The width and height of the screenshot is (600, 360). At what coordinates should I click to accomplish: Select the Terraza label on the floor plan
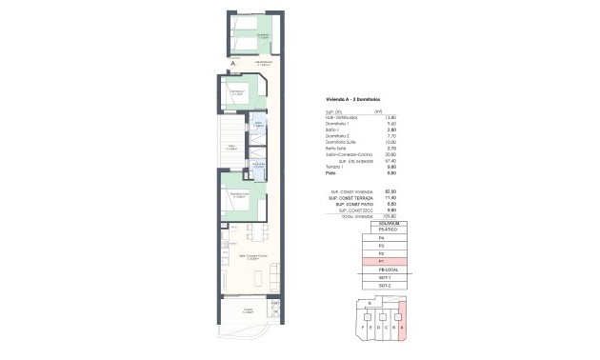(247, 310)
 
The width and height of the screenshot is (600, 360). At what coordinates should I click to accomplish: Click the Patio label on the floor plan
(232, 148)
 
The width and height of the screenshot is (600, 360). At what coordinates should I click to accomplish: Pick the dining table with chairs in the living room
(250, 231)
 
